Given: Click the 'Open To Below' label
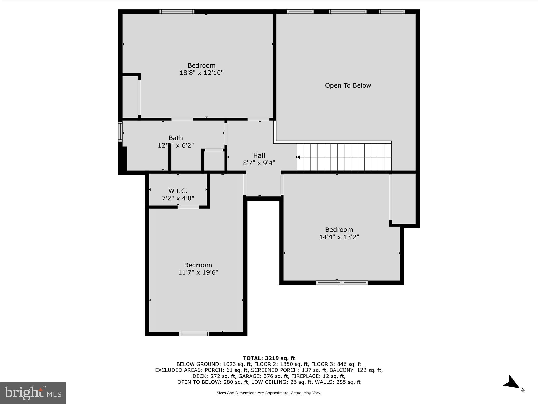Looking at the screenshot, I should [x=348, y=85].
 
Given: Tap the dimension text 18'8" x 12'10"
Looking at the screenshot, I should [x=201, y=73].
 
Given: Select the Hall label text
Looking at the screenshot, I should [x=259, y=156].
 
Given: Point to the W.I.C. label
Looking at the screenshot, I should [x=178, y=191].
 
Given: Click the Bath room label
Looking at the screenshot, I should [x=176, y=138].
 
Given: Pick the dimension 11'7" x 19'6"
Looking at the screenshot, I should [x=198, y=272].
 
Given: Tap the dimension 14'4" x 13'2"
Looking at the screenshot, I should [x=339, y=237].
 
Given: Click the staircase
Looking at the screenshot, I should [x=344, y=157].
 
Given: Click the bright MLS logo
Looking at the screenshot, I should [x=33, y=393].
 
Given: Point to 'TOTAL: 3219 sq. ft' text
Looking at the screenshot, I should [x=269, y=358].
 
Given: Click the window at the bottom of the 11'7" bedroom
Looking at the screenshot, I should [x=194, y=334].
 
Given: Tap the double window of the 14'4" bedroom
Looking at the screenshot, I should [x=342, y=283].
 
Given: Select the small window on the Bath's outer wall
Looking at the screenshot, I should [x=121, y=131].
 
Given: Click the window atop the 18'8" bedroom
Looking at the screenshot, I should [x=177, y=12].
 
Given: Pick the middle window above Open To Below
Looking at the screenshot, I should [x=347, y=12].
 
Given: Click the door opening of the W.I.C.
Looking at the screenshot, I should [x=188, y=207].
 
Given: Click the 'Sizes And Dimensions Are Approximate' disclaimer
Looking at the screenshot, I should [x=269, y=393].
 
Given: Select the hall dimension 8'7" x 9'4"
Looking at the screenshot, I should [x=259, y=163].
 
